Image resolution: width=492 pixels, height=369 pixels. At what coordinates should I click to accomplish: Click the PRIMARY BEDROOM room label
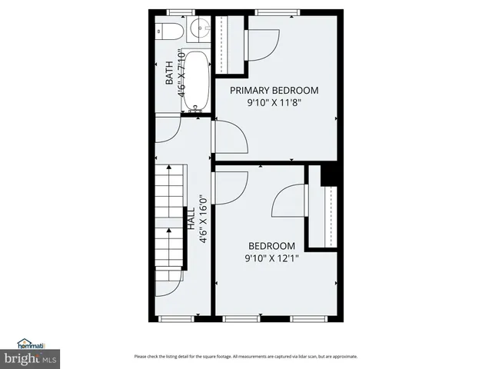(x=274, y=90)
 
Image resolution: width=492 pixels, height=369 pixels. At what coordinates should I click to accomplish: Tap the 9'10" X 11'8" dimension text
(x=274, y=102)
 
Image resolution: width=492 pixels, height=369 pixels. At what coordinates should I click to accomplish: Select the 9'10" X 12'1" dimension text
(x=271, y=258)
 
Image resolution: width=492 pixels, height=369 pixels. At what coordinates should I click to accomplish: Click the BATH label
(x=170, y=73)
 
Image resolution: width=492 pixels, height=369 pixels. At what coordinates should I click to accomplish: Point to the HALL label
(x=190, y=218)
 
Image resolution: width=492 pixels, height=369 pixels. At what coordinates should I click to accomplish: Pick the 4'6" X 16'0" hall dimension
(x=203, y=218)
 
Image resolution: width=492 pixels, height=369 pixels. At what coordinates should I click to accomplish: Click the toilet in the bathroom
(x=171, y=31)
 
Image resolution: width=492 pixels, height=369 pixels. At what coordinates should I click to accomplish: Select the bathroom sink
(x=198, y=29)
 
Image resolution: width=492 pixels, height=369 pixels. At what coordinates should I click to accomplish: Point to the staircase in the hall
(x=170, y=223)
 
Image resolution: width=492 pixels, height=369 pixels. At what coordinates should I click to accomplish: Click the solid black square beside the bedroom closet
(x=329, y=175)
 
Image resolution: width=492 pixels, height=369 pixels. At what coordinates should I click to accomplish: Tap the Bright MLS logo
(x=31, y=358)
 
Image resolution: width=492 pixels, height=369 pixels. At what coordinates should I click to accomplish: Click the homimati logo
(x=32, y=344)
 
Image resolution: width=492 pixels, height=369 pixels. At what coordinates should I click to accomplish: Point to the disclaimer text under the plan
(x=245, y=356)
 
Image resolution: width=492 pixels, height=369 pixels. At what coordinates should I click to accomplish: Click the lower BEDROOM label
(x=271, y=246)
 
